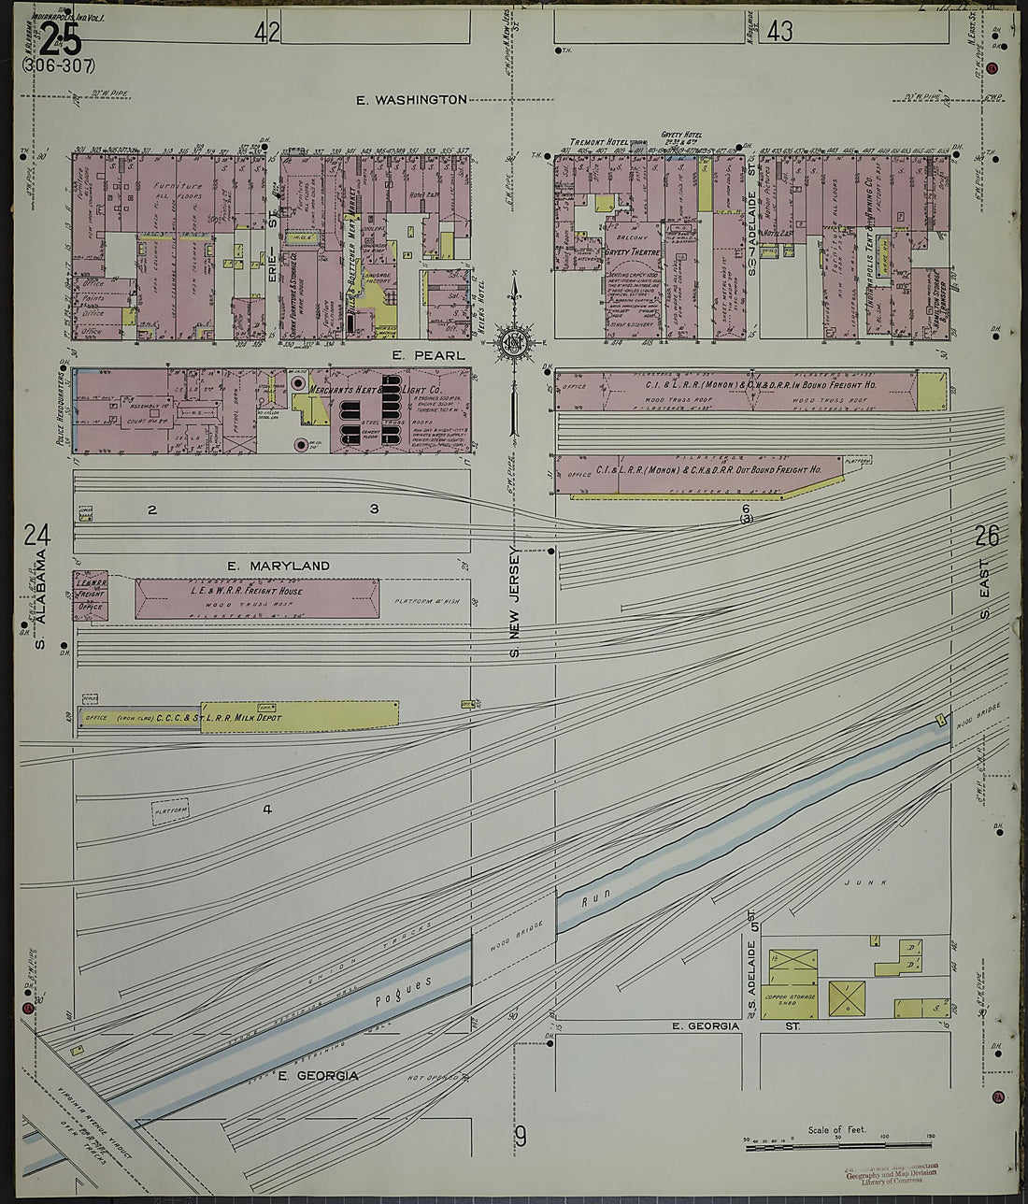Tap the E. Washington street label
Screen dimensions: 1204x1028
[x=411, y=99]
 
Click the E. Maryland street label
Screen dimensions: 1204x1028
[x=278, y=566]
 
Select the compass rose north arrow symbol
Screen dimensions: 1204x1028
[x=513, y=341]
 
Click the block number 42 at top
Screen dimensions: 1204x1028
[x=266, y=33]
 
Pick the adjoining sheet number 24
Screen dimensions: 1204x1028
[x=36, y=536]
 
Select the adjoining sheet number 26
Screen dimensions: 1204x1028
[x=986, y=536]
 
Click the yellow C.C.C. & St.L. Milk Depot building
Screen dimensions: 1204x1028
[x=299, y=717]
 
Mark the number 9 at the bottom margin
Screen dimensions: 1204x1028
[x=521, y=1137]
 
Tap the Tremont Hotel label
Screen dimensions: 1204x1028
[x=598, y=142]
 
